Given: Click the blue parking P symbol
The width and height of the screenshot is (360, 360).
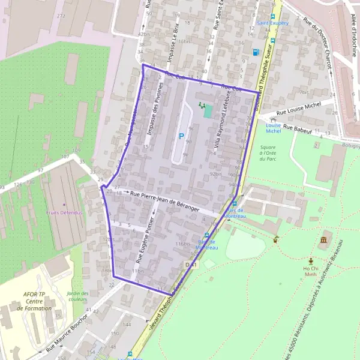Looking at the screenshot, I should point(181,136).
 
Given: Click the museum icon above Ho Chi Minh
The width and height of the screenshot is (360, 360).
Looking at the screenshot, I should point(324,241).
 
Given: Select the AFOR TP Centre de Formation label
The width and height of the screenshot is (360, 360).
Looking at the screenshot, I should point(34,301).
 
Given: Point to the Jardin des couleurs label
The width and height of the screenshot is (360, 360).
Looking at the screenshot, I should point(77,296).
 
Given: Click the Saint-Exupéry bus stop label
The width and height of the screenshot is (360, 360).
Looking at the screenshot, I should point(272,23).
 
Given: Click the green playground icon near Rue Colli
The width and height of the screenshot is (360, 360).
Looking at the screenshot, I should point(201,106).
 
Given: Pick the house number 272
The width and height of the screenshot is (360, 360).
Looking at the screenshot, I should point(61,16).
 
